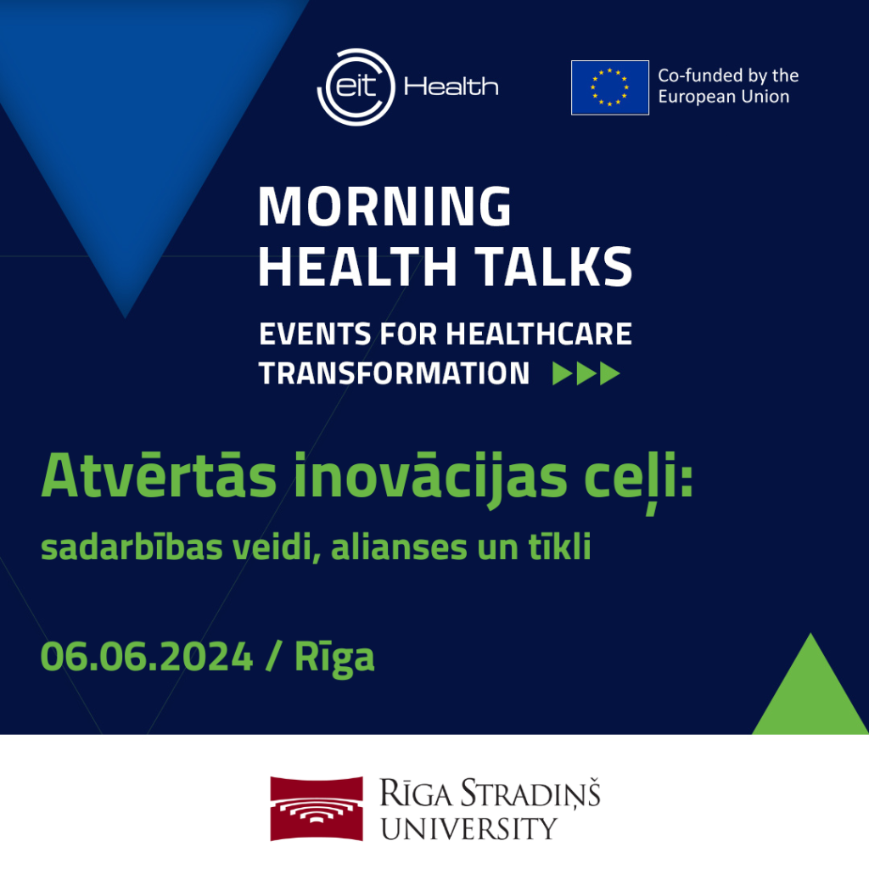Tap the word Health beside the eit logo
click(x=451, y=87)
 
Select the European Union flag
click(x=609, y=87)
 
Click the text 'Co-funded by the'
click(x=728, y=76)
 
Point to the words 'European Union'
click(x=724, y=97)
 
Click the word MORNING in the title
click(x=384, y=206)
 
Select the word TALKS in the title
click(x=553, y=266)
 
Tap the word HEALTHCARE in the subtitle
click(x=539, y=334)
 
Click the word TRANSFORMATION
click(x=394, y=373)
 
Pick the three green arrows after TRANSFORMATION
click(x=586, y=373)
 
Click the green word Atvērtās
click(x=159, y=475)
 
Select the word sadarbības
click(x=132, y=547)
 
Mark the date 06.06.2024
click(x=147, y=657)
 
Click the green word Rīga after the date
click(x=334, y=659)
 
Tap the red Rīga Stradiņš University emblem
click(x=317, y=809)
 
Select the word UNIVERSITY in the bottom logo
click(x=468, y=829)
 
